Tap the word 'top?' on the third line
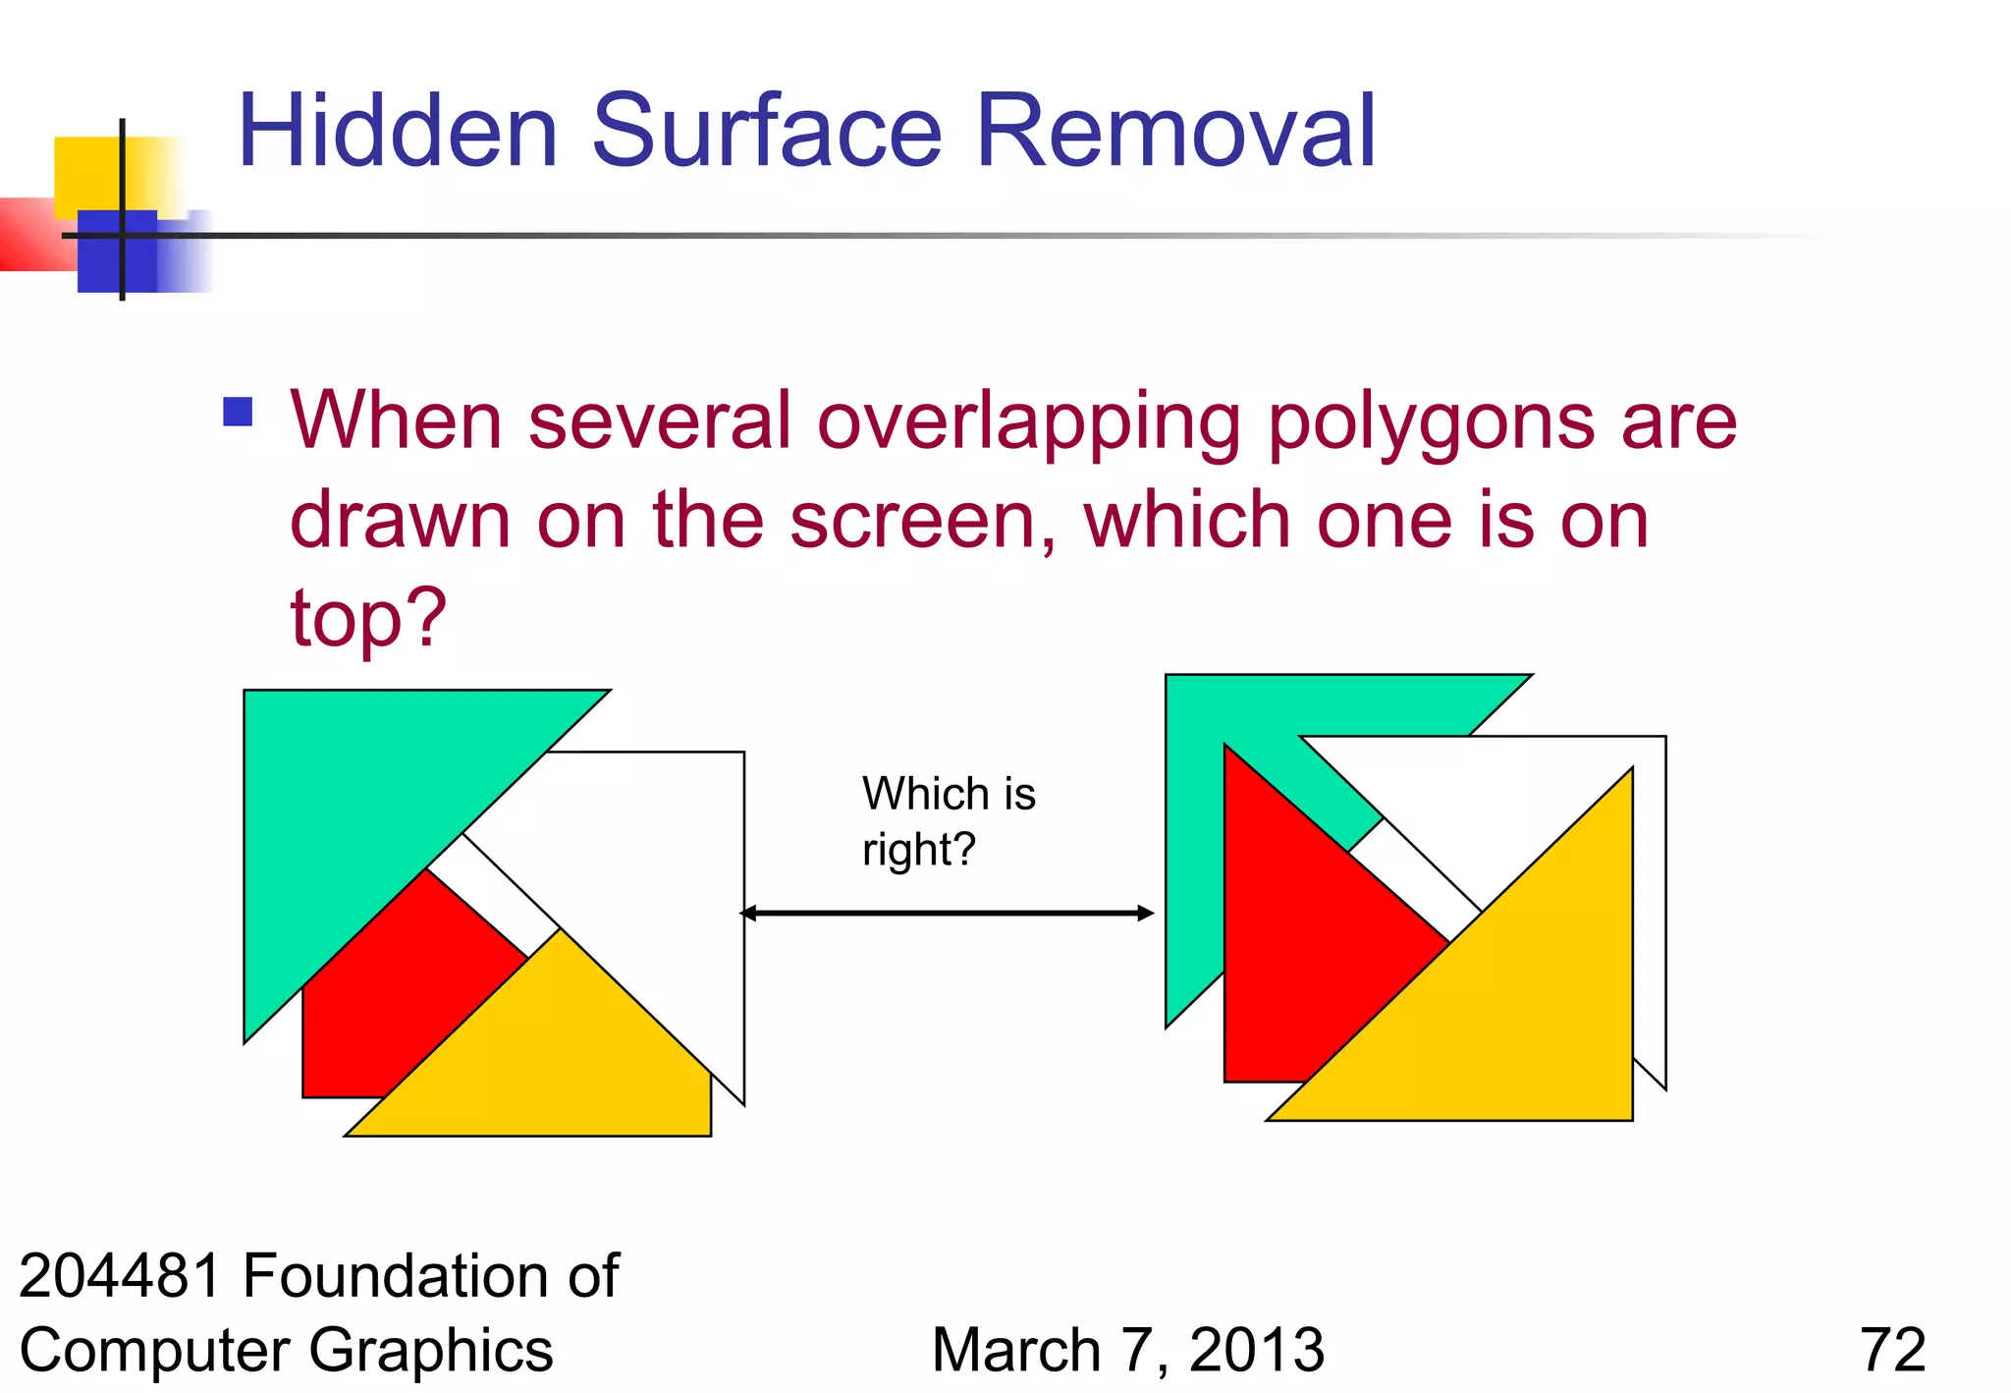(x=368, y=619)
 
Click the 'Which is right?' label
(x=948, y=820)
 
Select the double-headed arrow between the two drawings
(x=947, y=913)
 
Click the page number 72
(x=1892, y=1350)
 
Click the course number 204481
(x=120, y=1275)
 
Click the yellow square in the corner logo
(x=88, y=172)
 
